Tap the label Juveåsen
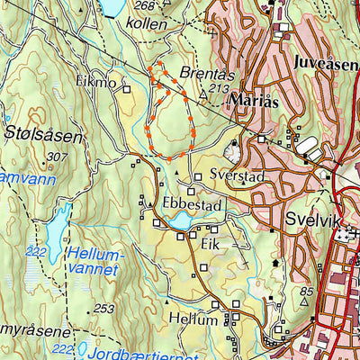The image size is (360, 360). click(x=325, y=62)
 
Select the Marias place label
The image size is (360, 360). click(x=254, y=102)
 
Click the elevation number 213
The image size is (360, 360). click(x=218, y=89)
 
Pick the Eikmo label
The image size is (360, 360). click(x=96, y=82)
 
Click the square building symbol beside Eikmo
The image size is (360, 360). click(x=127, y=89)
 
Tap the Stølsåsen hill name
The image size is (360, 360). click(x=43, y=137)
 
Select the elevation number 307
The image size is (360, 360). click(x=57, y=157)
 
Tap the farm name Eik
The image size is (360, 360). click(x=210, y=244)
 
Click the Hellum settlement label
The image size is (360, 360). click(x=193, y=319)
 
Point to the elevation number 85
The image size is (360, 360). click(x=307, y=291)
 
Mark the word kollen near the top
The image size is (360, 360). click(x=149, y=22)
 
